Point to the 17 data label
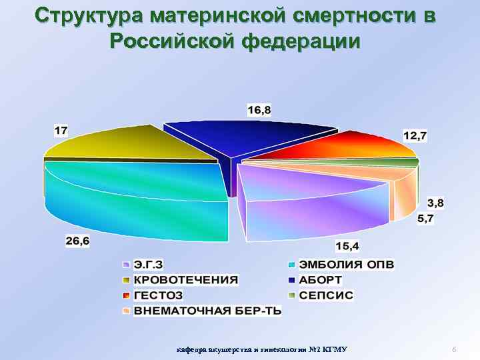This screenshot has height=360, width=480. [x=61, y=131]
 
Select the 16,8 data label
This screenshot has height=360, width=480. [x=259, y=111]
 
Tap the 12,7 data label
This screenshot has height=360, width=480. [x=415, y=135]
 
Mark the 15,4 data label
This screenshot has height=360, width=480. [x=347, y=246]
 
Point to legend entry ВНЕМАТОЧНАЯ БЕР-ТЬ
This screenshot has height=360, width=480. [x=207, y=311]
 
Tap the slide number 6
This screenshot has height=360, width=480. [x=453, y=350]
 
